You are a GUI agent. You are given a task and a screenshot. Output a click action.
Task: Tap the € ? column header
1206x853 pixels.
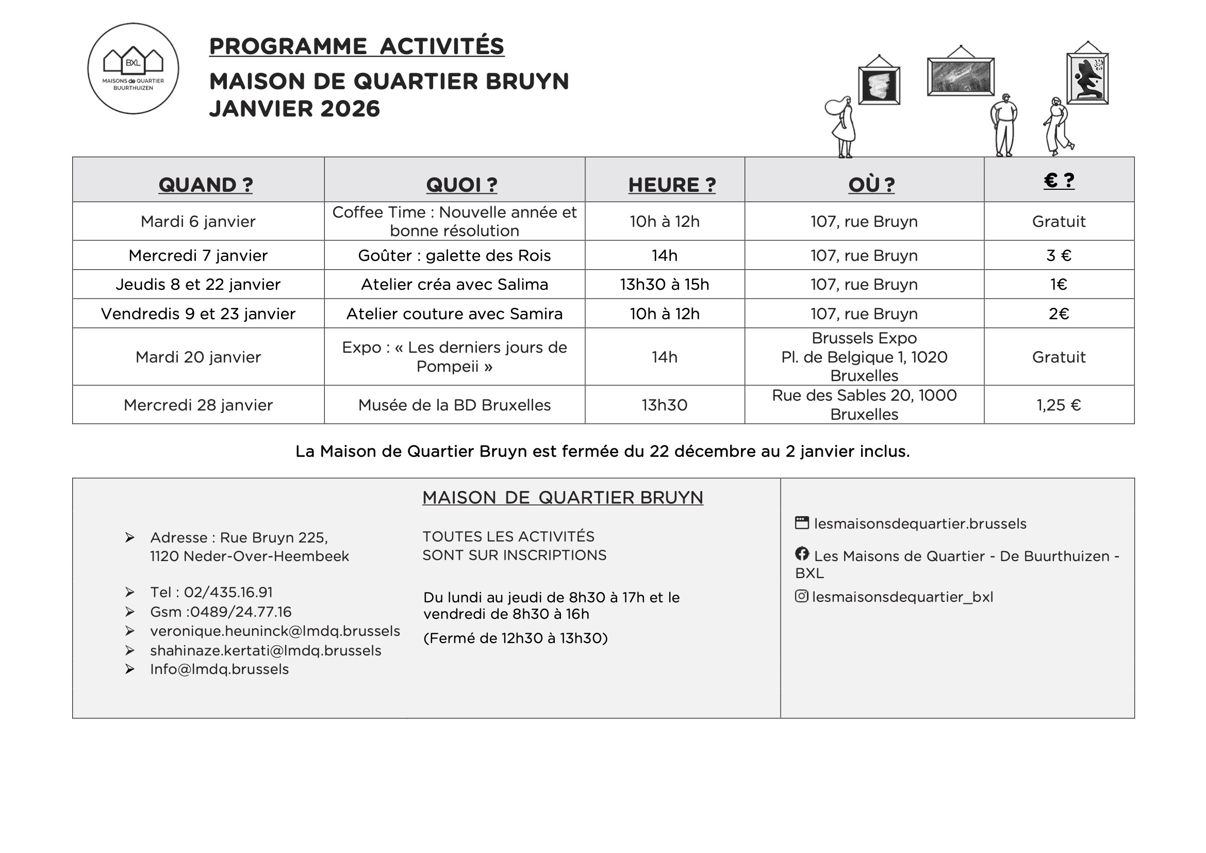point(1059,181)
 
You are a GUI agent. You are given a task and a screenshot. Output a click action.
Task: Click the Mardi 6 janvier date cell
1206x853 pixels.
point(198,222)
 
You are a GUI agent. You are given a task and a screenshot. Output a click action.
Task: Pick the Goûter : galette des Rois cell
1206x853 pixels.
point(454,256)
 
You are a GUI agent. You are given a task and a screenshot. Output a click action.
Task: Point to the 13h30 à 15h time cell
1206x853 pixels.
point(665,285)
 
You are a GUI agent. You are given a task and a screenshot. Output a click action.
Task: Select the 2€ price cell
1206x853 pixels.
point(1059,314)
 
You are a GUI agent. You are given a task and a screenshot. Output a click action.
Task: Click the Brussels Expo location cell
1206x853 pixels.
point(864,357)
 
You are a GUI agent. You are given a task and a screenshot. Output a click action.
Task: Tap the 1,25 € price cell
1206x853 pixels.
point(1059,405)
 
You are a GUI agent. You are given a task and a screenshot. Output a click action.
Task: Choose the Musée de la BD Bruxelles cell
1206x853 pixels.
point(454,405)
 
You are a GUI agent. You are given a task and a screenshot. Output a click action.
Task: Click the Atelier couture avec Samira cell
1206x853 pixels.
point(454,314)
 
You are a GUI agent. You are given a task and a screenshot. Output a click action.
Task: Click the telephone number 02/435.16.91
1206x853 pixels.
point(228,593)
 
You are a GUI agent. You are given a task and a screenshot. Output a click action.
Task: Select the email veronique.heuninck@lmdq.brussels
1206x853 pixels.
point(275,631)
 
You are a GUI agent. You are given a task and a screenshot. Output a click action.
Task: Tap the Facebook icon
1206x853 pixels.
point(802,553)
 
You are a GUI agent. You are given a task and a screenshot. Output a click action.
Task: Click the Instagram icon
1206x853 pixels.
point(801,596)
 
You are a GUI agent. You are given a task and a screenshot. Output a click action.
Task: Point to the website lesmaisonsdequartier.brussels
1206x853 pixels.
point(920,523)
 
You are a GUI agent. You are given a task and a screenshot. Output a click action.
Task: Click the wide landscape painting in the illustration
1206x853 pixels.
point(961,77)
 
